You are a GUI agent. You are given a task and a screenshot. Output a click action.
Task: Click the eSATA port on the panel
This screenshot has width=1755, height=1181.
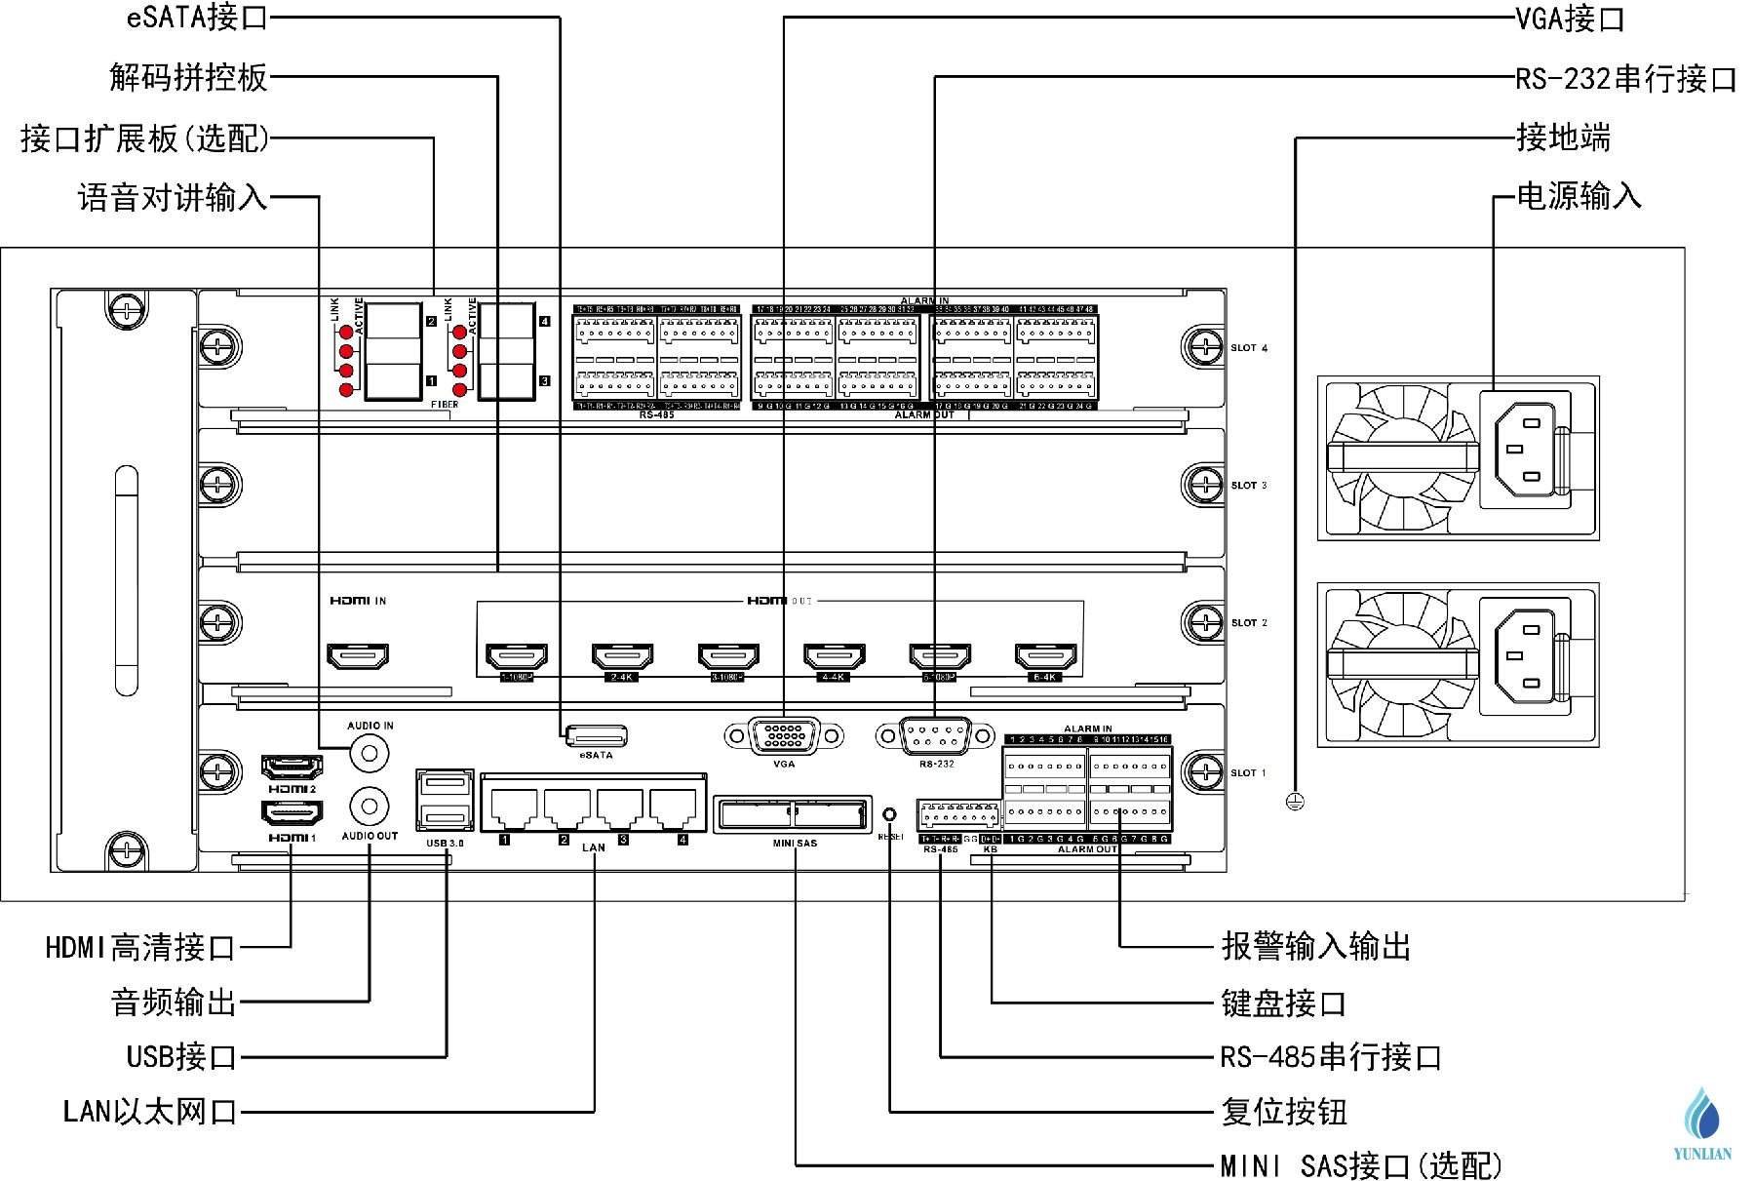(x=596, y=735)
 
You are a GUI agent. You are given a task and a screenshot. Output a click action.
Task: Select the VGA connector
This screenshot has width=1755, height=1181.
(x=784, y=735)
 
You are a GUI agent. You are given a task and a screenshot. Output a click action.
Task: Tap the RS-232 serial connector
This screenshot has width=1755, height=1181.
(x=935, y=735)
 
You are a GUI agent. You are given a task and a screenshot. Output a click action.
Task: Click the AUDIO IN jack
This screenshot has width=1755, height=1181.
(x=370, y=752)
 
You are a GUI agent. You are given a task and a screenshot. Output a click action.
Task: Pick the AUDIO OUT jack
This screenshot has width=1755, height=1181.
(x=370, y=807)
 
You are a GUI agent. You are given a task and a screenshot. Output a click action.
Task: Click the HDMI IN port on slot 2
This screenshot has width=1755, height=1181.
(x=357, y=655)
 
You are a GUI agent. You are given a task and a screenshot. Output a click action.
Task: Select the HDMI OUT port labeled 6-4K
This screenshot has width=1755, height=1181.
(x=1045, y=655)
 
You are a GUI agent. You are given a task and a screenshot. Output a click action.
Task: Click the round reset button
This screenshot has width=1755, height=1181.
(x=889, y=814)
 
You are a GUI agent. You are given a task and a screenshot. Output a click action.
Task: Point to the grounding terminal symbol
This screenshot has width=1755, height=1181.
(x=1295, y=802)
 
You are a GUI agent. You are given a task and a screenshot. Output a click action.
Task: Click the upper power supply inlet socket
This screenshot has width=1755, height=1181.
(x=1523, y=450)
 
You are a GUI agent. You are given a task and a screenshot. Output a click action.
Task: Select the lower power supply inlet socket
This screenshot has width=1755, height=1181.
(x=1523, y=656)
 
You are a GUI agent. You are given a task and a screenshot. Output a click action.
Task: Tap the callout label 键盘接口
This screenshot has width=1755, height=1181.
(x=1283, y=1003)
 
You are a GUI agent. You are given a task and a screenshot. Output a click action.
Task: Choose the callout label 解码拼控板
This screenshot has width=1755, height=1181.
(x=188, y=77)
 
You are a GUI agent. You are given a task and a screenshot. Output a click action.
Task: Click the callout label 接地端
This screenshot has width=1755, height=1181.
(x=1563, y=138)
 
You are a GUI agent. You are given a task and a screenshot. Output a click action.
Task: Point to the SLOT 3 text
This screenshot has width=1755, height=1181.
(x=1249, y=485)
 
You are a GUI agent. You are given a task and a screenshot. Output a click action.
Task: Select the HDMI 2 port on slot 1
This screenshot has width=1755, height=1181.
(x=292, y=766)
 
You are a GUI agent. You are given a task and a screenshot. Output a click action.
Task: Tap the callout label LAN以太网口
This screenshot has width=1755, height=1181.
(x=150, y=1111)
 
